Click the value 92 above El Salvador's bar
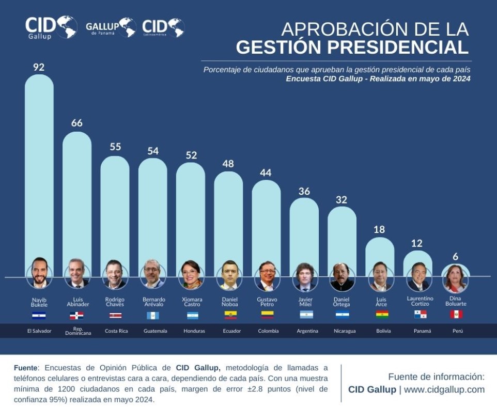pyautogui.click(x=39, y=67)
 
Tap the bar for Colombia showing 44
pyautogui.click(x=266, y=222)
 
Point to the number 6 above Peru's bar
pyautogui.click(x=456, y=257)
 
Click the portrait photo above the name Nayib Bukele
pyautogui.click(x=39, y=274)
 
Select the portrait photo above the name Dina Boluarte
pyautogui.click(x=456, y=278)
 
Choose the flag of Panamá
pyautogui.click(x=420, y=315)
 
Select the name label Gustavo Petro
pyautogui.click(x=267, y=302)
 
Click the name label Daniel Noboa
pyautogui.click(x=229, y=302)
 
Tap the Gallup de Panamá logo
pyautogui.click(x=110, y=27)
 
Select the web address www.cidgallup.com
pyautogui.click(x=444, y=389)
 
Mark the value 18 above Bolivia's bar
pyautogui.click(x=379, y=229)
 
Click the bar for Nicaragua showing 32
pyautogui.click(x=342, y=238)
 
